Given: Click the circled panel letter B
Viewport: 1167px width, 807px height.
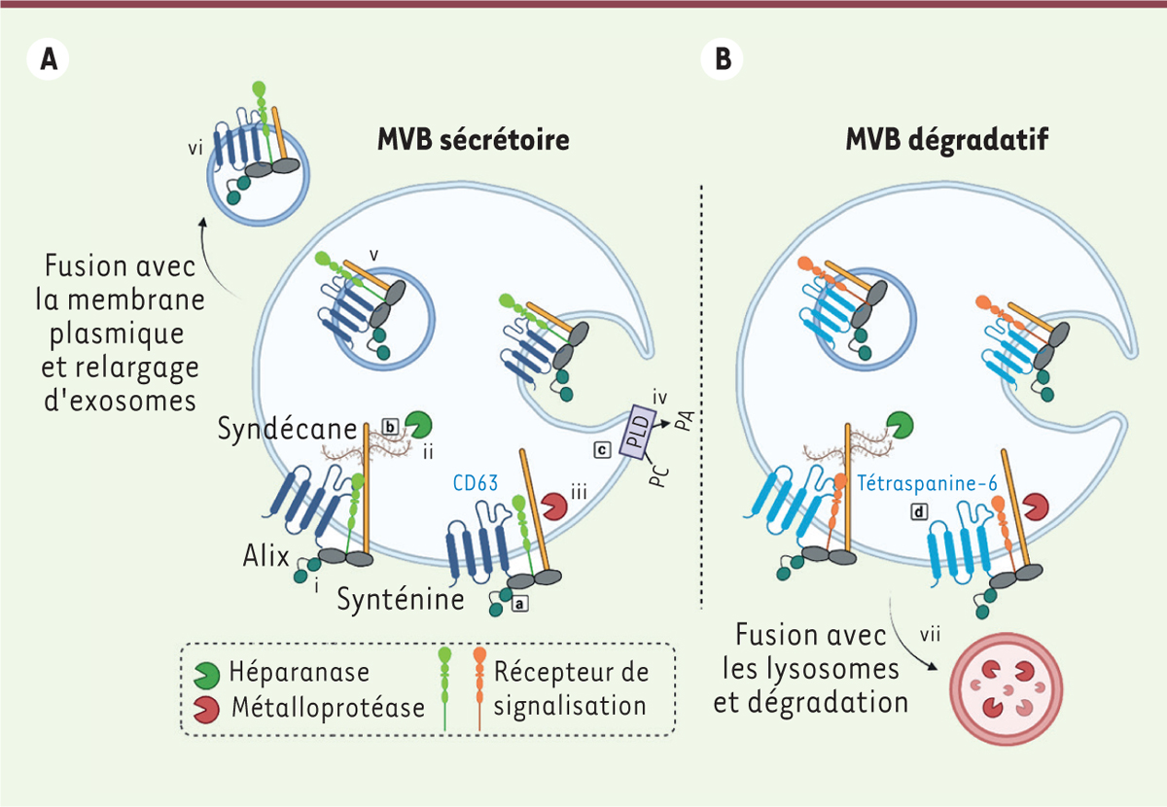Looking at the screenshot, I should (x=724, y=59).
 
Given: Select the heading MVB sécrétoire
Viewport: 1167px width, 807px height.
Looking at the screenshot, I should (x=474, y=140).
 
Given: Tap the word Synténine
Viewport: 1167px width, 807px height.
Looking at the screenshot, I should (x=402, y=599).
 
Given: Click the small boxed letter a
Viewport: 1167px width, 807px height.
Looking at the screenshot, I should (x=519, y=603).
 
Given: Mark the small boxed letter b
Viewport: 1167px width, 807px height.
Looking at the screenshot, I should (x=390, y=426).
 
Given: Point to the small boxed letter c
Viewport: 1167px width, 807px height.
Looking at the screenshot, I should (x=602, y=448).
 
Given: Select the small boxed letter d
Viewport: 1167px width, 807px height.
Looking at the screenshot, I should (x=917, y=510).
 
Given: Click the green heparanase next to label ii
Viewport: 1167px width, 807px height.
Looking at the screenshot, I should (x=420, y=424).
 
